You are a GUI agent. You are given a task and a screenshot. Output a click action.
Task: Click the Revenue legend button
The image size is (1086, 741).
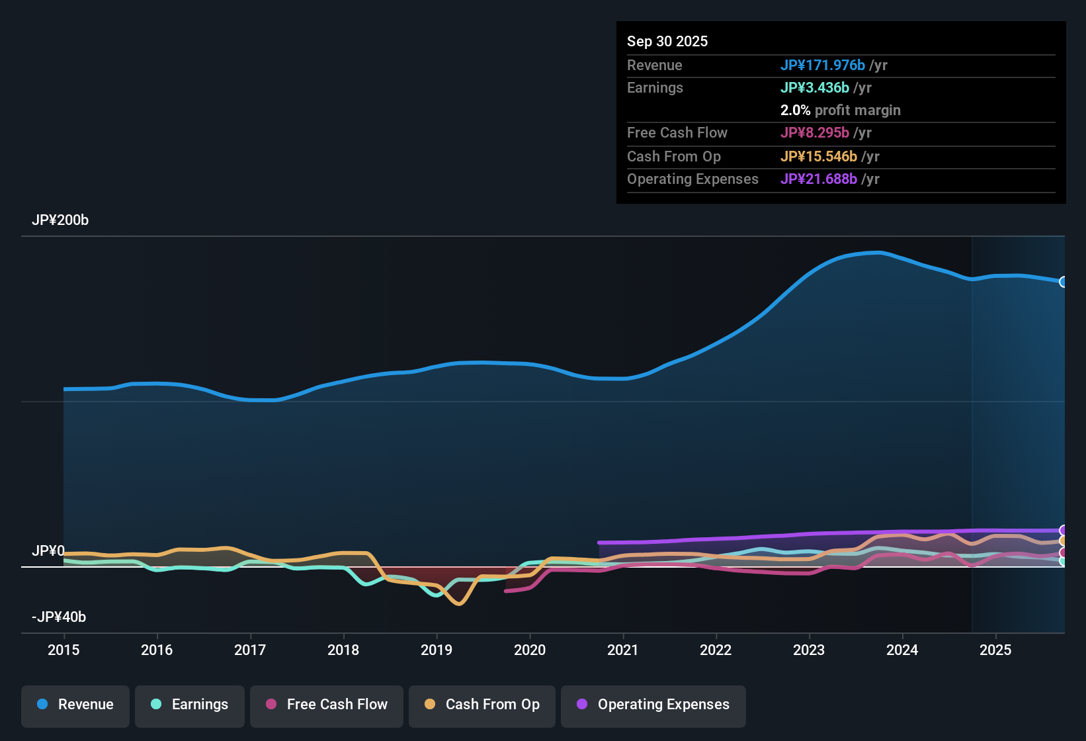(75, 705)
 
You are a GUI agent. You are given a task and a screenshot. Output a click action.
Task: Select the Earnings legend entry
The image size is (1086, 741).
(190, 705)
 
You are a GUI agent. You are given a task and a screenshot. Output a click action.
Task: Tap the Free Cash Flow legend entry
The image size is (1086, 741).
(327, 705)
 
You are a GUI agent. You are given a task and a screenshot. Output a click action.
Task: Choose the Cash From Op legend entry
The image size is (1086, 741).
(482, 705)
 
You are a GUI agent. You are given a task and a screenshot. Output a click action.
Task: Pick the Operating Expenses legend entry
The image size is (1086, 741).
(653, 705)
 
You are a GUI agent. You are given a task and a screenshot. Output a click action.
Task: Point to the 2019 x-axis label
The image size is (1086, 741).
(437, 650)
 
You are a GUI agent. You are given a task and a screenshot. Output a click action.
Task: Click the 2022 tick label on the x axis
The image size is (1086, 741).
(716, 650)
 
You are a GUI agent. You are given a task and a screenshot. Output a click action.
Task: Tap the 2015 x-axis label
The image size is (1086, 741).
(63, 650)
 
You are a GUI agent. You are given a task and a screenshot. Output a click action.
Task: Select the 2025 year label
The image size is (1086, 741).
(995, 650)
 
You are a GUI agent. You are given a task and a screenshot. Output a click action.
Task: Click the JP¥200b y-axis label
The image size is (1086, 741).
(60, 220)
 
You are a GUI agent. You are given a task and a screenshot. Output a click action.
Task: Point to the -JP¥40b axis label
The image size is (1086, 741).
(59, 617)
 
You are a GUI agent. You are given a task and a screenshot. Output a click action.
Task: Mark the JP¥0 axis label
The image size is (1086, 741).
(48, 551)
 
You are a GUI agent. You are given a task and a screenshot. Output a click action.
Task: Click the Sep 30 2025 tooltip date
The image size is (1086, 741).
(667, 41)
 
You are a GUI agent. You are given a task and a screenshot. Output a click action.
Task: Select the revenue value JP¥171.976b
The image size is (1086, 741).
(822, 65)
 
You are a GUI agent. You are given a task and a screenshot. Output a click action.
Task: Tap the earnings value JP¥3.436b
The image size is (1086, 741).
(814, 87)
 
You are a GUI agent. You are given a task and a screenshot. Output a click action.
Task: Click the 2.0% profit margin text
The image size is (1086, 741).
(840, 110)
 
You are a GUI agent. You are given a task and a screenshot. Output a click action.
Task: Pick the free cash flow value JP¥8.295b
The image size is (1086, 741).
(814, 132)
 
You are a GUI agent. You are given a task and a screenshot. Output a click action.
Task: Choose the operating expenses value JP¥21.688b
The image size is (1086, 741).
(818, 179)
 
